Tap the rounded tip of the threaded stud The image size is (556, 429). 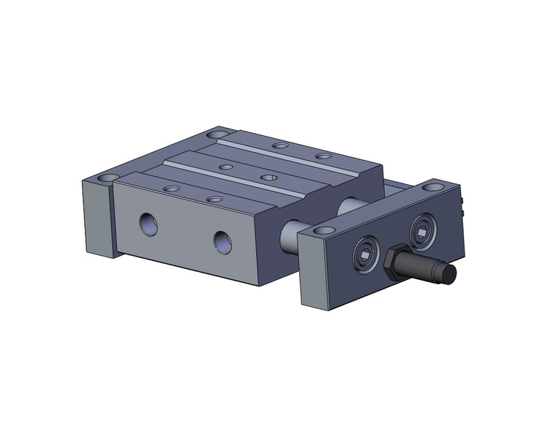[448, 274]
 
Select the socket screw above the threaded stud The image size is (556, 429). [422, 232]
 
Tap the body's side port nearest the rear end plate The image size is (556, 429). [149, 224]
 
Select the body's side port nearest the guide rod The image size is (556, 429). [223, 242]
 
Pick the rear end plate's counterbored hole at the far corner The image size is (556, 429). [217, 134]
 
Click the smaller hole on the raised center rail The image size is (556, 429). [227, 167]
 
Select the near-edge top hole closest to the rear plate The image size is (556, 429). [171, 189]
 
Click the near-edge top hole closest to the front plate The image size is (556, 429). [214, 199]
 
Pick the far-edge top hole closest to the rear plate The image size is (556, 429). [279, 145]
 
